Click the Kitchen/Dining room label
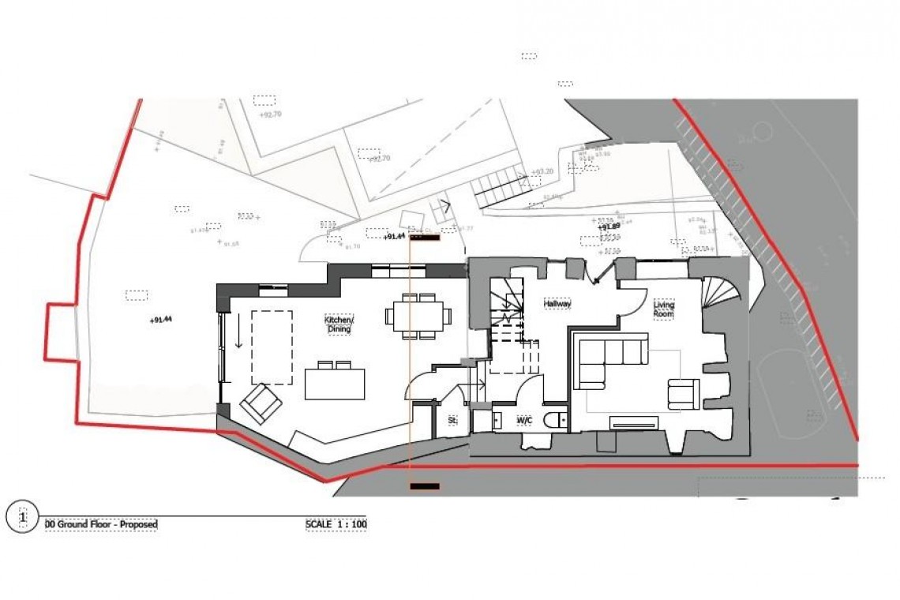(339, 324)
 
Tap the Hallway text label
(557, 303)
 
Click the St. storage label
(452, 421)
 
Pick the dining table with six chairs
(418, 316)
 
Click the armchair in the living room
(683, 393)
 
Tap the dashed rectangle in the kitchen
(272, 347)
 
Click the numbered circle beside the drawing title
(23, 517)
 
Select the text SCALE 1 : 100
(336, 524)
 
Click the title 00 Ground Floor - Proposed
(101, 524)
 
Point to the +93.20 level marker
(542, 171)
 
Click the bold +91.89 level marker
(609, 227)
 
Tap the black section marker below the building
(425, 486)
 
